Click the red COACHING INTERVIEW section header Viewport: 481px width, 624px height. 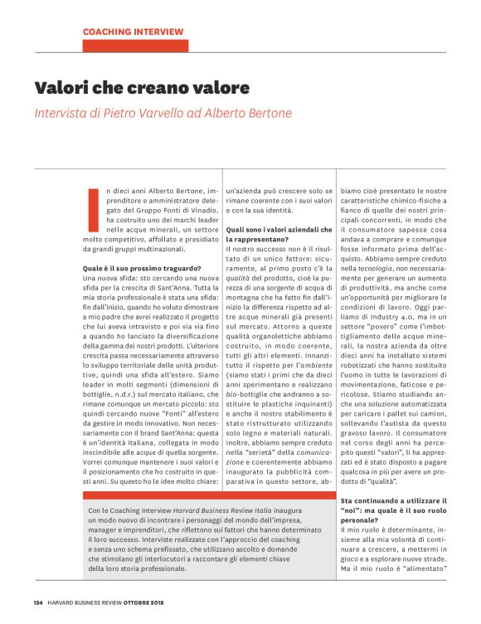(133, 32)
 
